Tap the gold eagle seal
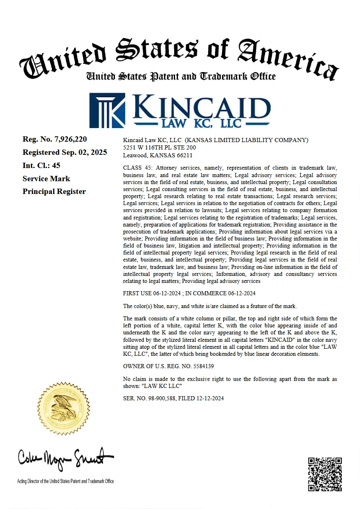[63, 407]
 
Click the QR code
[325, 474]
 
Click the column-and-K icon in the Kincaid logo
[107, 110]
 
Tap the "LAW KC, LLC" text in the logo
[202, 123]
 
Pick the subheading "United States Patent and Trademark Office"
[181, 77]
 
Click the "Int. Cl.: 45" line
[42, 166]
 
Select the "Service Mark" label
[46, 179]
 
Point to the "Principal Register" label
[54, 191]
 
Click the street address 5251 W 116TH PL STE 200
[159, 147]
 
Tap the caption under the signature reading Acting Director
[65, 481]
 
